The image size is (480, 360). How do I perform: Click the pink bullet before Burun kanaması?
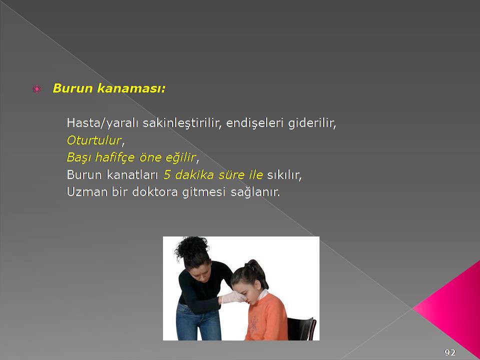[x=36, y=89]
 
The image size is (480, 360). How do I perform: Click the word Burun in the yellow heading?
[x=72, y=88]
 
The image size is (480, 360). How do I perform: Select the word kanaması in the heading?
[x=131, y=88]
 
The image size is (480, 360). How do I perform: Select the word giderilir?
[x=312, y=123]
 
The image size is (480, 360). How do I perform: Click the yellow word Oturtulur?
[x=94, y=140]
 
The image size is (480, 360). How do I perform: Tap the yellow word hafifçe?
[x=115, y=157]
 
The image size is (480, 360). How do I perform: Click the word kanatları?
[x=132, y=175]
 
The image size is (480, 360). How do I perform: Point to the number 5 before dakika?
[x=166, y=175]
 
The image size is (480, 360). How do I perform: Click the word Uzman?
[x=86, y=192]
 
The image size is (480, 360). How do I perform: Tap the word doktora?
[x=155, y=192]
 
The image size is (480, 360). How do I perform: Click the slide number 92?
[x=450, y=352]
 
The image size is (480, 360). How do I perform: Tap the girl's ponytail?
[x=256, y=271]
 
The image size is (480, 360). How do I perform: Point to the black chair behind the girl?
[x=301, y=329]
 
